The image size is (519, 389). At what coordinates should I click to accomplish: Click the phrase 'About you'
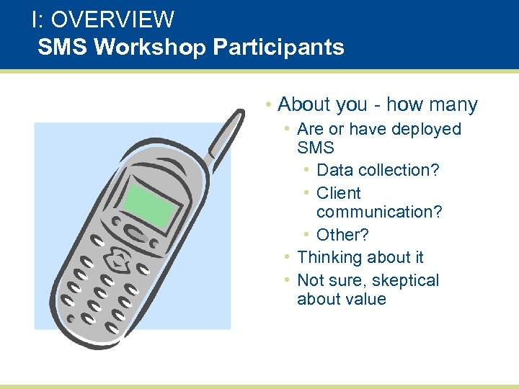(322, 104)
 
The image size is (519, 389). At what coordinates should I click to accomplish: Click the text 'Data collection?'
(378, 170)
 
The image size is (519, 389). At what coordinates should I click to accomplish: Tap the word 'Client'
(338, 193)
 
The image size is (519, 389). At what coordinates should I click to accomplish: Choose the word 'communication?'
(379, 212)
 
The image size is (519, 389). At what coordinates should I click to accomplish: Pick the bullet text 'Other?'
(342, 235)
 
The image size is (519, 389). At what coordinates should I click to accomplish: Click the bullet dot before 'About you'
(267, 104)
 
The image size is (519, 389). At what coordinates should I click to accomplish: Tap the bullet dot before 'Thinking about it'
(287, 257)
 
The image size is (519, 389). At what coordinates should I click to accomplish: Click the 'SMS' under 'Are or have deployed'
(315, 148)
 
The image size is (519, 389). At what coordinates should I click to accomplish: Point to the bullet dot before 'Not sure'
(287, 280)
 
